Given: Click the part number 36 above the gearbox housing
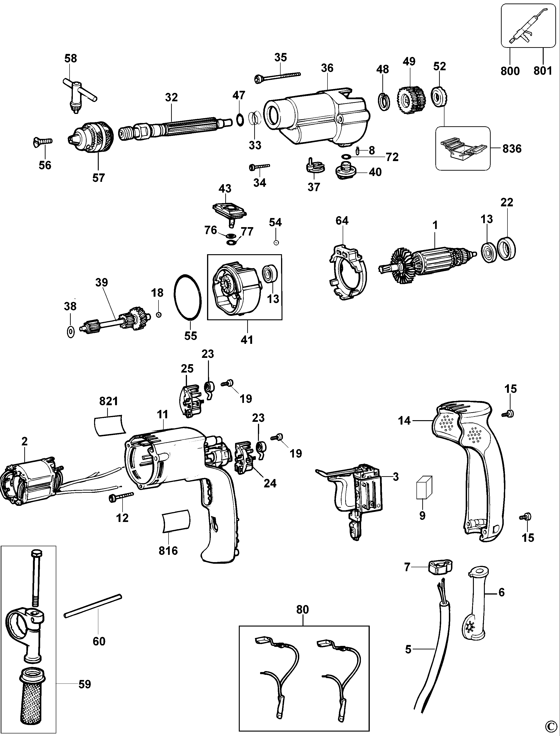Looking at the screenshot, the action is tap(327, 68).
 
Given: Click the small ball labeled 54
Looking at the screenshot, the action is tap(276, 243).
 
